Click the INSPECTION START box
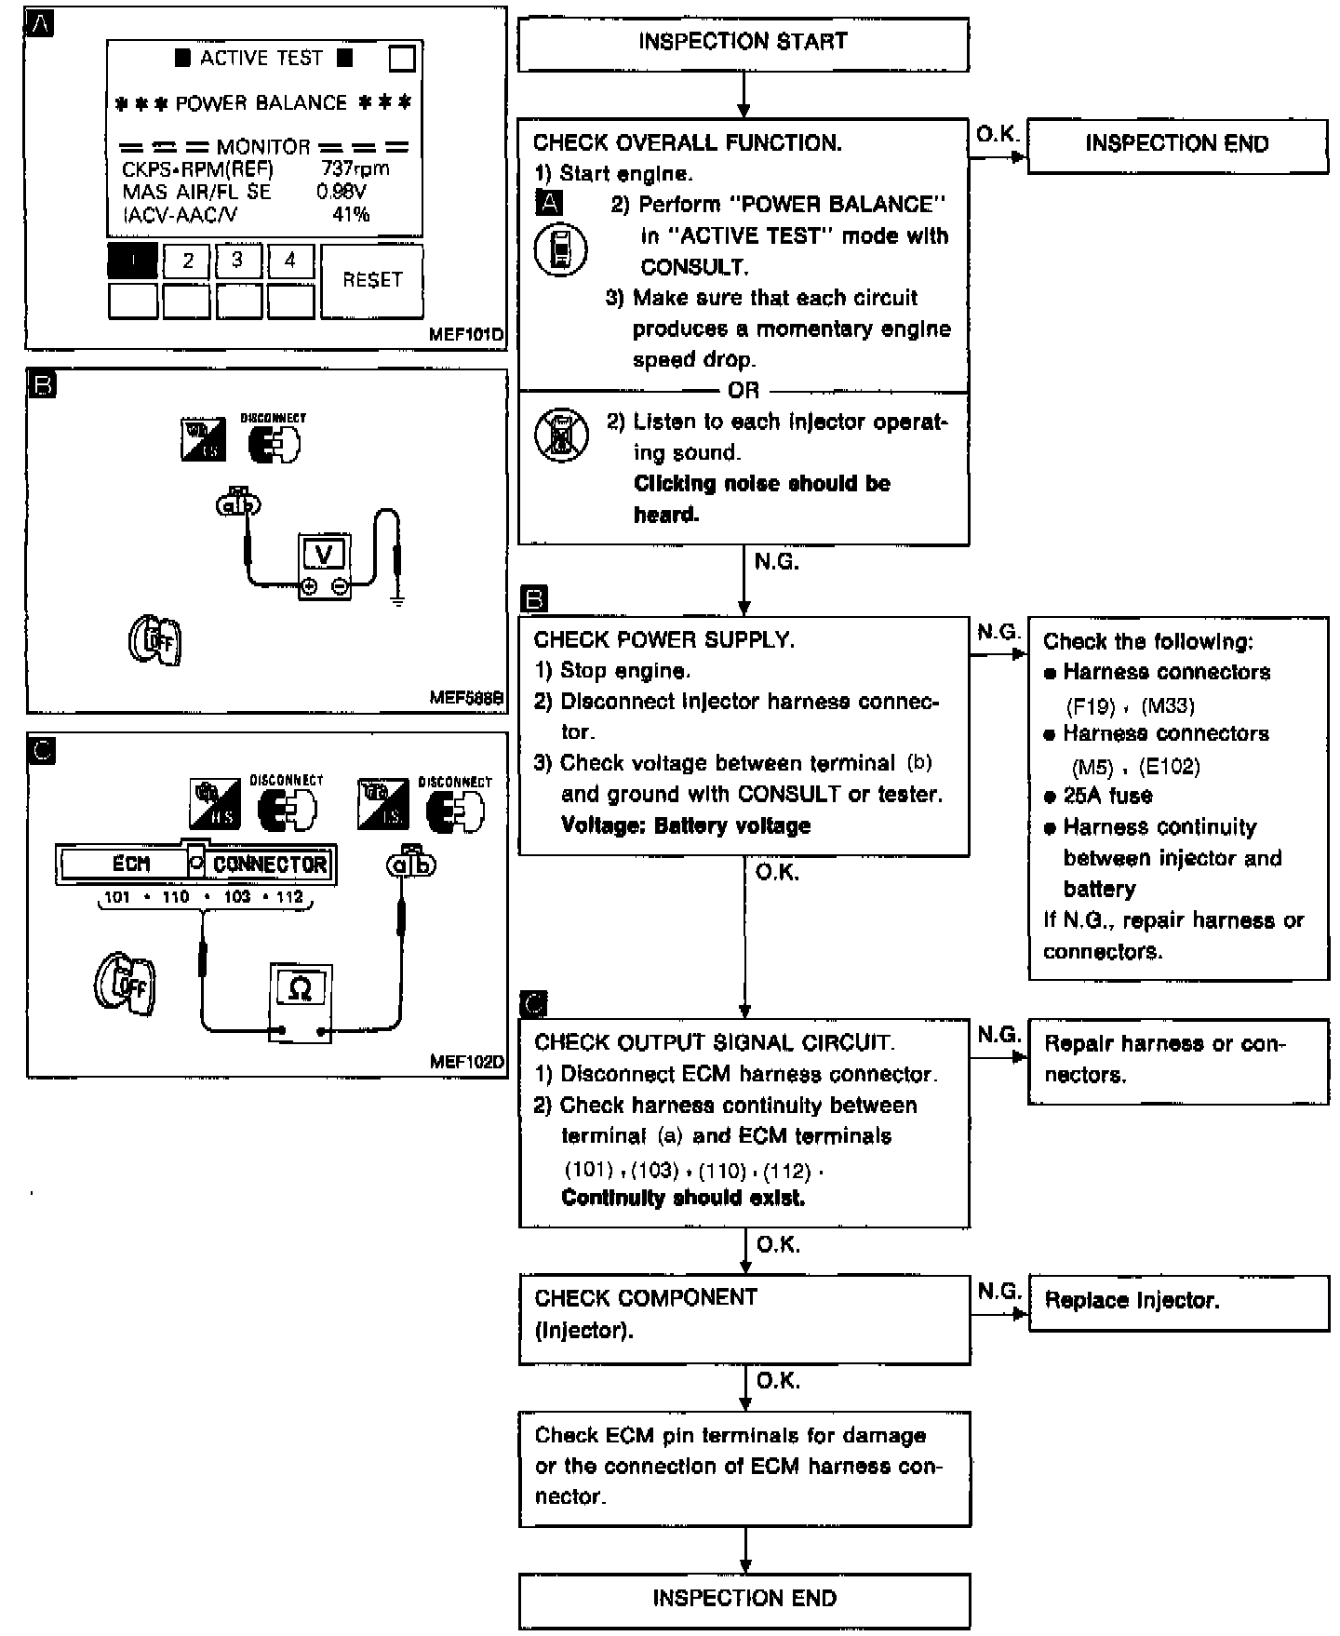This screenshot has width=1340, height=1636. (x=743, y=43)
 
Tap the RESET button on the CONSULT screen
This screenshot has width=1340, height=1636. (x=372, y=280)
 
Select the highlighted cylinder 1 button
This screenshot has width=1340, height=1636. (x=132, y=261)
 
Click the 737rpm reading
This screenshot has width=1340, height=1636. (x=355, y=168)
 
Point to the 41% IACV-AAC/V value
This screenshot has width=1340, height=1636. (x=351, y=214)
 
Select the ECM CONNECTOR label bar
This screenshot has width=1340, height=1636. (x=195, y=865)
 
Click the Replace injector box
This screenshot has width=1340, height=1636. (x=1178, y=1301)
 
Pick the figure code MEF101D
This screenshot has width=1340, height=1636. (x=466, y=334)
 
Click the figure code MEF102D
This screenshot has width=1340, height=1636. (x=466, y=1062)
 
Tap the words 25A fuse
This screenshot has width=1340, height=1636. (x=1107, y=797)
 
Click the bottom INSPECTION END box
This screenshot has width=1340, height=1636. (x=744, y=1599)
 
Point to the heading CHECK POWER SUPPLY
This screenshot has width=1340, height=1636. (x=664, y=640)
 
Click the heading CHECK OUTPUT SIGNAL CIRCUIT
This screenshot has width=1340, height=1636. (x=715, y=1043)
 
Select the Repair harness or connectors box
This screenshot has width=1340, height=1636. (x=1178, y=1060)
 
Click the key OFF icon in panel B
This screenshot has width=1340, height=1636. (x=155, y=641)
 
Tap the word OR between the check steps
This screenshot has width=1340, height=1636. (x=744, y=391)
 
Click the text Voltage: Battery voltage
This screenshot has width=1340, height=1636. (x=686, y=825)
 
